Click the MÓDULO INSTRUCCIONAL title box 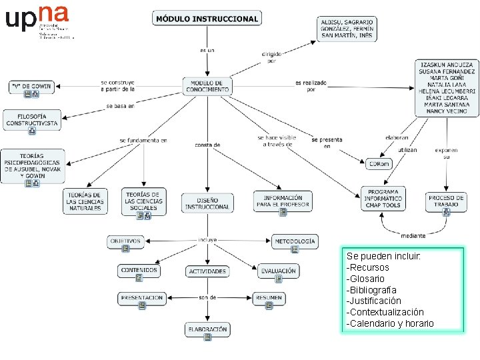pos(207,19)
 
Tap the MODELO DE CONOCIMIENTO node pos(207,86)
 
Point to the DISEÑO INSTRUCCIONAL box pos(207,203)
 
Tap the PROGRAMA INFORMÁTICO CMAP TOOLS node pos(383,199)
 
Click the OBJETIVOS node pos(126,242)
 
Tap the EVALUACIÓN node pos(279,271)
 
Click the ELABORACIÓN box pos(207,330)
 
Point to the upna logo pos(37,19)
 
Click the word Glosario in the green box pos(367,279)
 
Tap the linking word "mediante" pos(413,235)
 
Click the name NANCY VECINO pos(447,111)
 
